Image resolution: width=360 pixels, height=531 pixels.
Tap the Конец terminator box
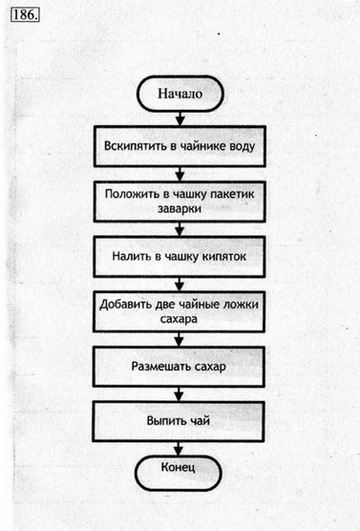point(179,470)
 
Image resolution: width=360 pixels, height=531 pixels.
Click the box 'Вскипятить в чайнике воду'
point(179,148)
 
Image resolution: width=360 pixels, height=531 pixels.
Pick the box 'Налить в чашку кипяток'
point(179,256)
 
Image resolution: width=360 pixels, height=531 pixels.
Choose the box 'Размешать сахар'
point(179,366)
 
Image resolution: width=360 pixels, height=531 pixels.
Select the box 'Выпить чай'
point(179,419)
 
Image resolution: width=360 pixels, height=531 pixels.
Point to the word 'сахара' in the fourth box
point(179,321)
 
